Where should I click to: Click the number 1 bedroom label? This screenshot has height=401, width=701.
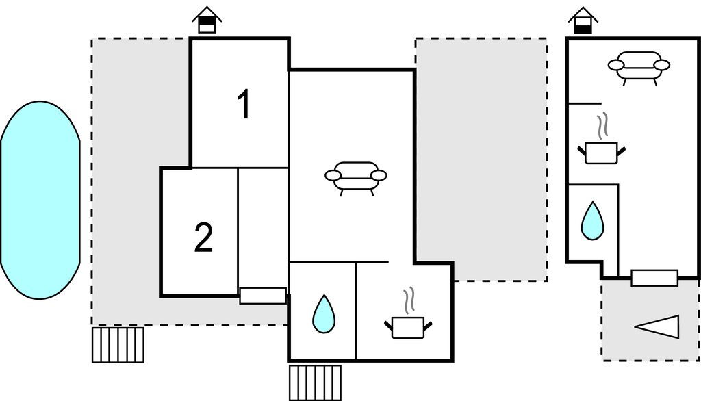tap(244, 104)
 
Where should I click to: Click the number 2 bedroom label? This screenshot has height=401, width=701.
tap(204, 237)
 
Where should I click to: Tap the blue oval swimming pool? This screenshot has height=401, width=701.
tap(40, 200)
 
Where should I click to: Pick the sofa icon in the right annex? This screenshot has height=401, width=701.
tap(639, 68)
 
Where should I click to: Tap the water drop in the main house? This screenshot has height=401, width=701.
tap(323, 314)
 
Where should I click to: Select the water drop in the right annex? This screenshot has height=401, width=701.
tap(592, 221)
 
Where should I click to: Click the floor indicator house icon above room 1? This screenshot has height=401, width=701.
tap(207, 20)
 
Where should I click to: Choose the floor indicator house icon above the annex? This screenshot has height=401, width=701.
tap(583, 20)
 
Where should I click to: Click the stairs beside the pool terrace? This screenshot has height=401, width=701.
tap(118, 345)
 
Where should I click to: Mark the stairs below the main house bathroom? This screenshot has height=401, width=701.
tap(315, 383)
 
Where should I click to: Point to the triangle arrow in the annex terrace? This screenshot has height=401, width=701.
tap(657, 327)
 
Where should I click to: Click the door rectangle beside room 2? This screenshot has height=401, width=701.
tap(263, 296)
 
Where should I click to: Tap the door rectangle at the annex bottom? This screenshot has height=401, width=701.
tap(654, 278)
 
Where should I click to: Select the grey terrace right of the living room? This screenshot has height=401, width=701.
tap(481, 159)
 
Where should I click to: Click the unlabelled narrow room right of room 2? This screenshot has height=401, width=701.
tap(264, 228)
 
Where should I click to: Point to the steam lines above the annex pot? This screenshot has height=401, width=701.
tap(603, 125)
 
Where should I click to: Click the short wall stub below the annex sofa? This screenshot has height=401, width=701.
tap(585, 104)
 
